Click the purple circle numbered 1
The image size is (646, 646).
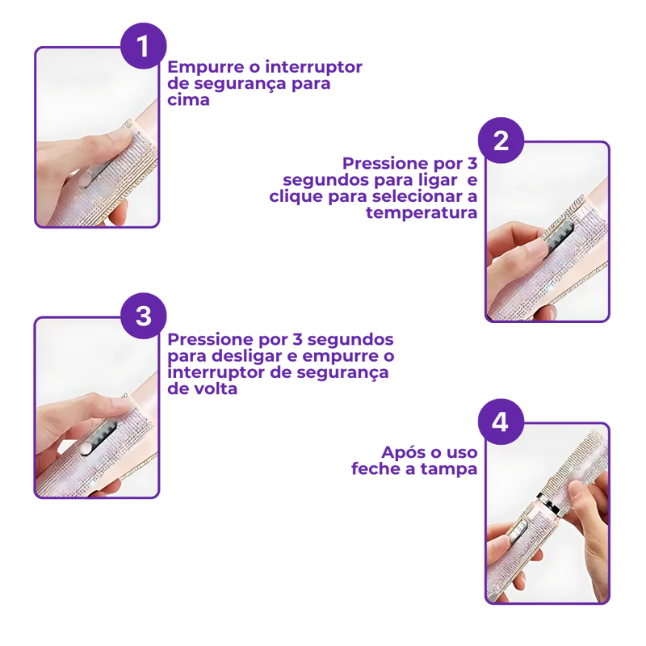[144, 46]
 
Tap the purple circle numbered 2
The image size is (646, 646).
[501, 141]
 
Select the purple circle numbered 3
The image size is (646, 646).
[144, 316]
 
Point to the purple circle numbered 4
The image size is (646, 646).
[501, 422]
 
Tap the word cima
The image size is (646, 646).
[188, 99]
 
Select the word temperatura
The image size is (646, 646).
[422, 213]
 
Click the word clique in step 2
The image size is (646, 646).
[296, 196]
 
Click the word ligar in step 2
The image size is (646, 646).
[438, 180]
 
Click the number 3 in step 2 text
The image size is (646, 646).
[472, 164]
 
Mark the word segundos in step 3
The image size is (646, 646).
[350, 340]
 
